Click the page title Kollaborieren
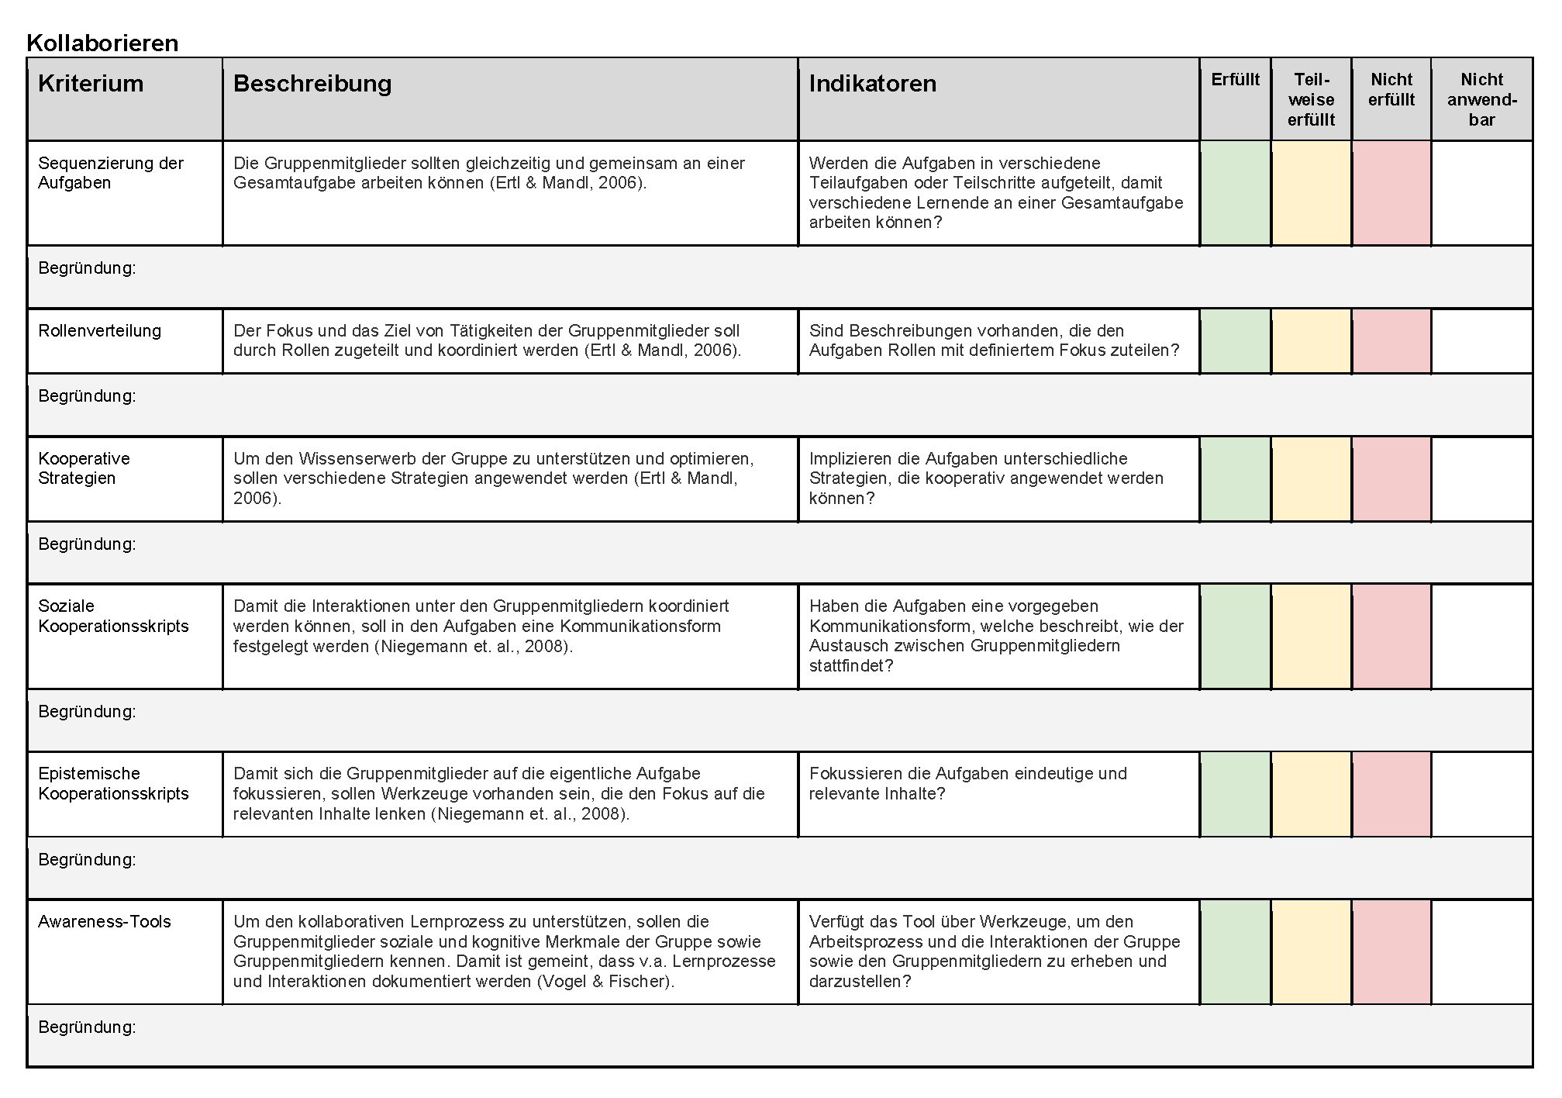[102, 43]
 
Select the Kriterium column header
[91, 84]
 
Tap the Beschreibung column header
[312, 84]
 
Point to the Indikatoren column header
[872, 84]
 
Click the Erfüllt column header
[1235, 80]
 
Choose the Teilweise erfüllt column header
[1311, 99]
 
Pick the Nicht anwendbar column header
[1481, 99]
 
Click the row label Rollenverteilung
[100, 331]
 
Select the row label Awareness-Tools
[105, 922]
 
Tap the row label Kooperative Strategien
[84, 468]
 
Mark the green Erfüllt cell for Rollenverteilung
[1235, 341]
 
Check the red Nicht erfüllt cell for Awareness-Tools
[1391, 952]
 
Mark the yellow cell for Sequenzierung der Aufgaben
[1311, 193]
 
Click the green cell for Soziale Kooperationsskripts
[1235, 637]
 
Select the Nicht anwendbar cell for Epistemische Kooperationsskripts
[1481, 794]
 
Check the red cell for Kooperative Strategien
[1391, 478]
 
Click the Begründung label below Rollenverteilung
[87, 396]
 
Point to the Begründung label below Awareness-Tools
[87, 1027]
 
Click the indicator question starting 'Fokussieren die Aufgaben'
[967, 783]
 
